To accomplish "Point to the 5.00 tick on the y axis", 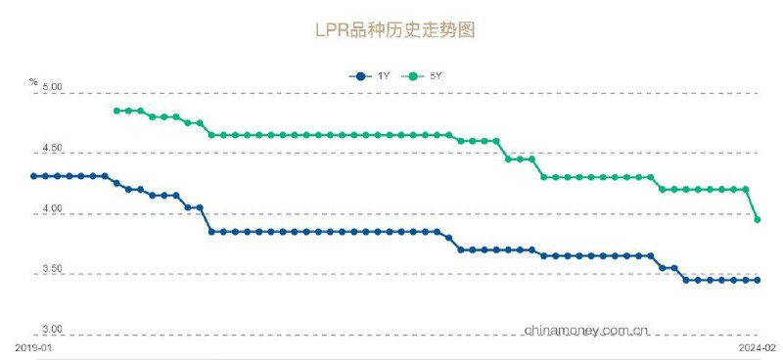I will (52, 88).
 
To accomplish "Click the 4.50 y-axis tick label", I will (52, 149).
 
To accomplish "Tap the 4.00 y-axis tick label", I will (52, 210).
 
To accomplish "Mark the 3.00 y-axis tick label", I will (52, 330).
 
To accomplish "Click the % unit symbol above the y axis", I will (33, 81).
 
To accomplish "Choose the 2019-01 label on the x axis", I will (32, 346).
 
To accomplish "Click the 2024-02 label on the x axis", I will (757, 346).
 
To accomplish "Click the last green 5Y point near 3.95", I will (758, 219).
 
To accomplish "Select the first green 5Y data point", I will (116, 111).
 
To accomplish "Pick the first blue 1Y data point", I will (33, 176).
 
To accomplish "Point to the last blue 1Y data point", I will (758, 280).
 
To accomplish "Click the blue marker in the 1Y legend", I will (361, 75).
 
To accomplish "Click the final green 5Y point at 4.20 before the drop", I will (746, 189).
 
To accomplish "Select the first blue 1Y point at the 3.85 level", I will (211, 232).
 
